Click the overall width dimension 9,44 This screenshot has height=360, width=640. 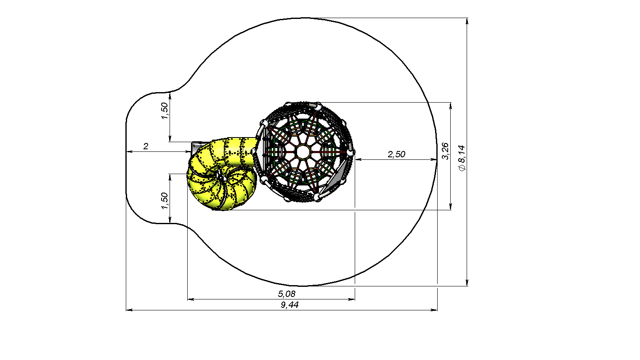tap(289, 305)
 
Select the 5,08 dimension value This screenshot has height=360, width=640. tap(287, 294)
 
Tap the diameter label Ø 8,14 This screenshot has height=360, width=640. tap(462, 158)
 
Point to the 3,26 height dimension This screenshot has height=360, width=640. tap(445, 151)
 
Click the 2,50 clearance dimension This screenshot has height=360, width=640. tap(396, 154)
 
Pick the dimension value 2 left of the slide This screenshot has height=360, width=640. tap(146, 146)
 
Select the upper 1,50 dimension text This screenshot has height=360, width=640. tap(164, 111)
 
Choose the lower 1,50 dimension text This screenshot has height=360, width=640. tap(164, 201)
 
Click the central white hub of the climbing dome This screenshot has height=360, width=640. tap(303, 152)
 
